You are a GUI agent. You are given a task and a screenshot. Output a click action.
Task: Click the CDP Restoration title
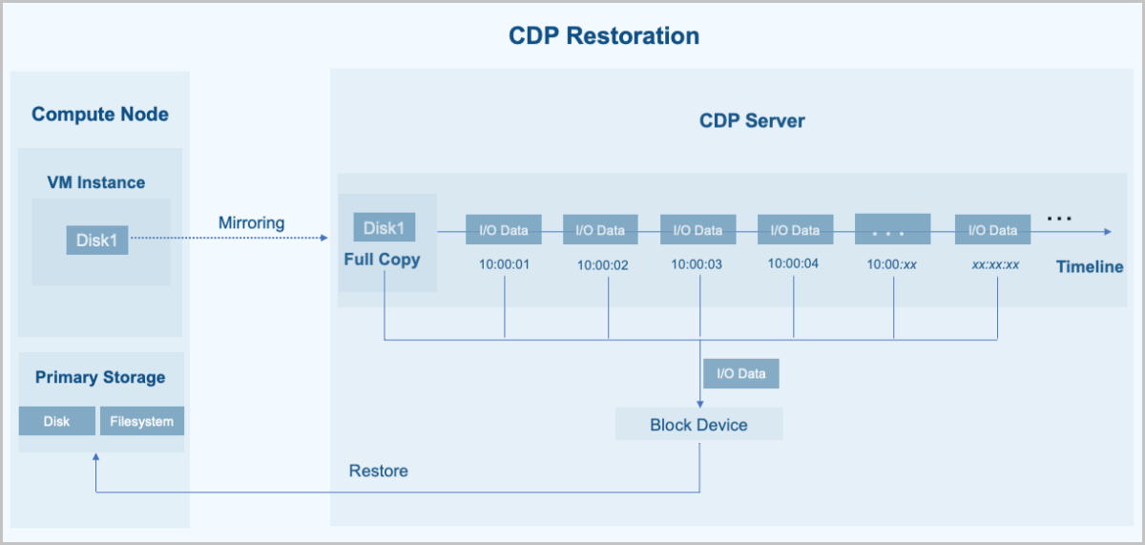[x=603, y=36]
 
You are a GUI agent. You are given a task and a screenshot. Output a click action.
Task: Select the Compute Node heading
[x=100, y=115]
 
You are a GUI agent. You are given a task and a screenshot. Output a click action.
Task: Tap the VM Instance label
[x=96, y=182]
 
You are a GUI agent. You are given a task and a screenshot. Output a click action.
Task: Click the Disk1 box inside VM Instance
[x=96, y=240]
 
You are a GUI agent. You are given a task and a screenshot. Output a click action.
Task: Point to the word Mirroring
[x=251, y=222]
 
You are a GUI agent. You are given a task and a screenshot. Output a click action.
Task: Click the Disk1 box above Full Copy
[x=384, y=228]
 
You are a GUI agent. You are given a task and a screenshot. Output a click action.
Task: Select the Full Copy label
[x=382, y=260]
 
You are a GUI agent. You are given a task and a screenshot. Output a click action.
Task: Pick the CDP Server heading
[x=752, y=121]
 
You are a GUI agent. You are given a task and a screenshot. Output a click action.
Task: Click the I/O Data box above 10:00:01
[x=504, y=230]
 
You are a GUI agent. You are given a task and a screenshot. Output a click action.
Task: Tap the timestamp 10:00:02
[x=602, y=265]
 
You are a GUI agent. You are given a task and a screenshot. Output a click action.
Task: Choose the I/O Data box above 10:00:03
[x=698, y=230]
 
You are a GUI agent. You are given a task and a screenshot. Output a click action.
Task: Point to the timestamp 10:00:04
[x=793, y=264]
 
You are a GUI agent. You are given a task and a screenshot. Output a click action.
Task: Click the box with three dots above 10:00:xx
[x=893, y=230]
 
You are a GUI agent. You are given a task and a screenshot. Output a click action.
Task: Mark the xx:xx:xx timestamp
[x=995, y=264]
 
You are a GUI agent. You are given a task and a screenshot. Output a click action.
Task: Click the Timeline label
[x=1090, y=267]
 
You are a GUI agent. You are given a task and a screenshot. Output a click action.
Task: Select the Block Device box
[x=698, y=425]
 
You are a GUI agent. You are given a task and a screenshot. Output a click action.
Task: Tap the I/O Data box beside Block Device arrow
[x=741, y=373]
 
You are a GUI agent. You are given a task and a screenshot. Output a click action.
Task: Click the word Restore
[x=378, y=471]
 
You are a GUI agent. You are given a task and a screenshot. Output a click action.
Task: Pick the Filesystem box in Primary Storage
[x=141, y=421]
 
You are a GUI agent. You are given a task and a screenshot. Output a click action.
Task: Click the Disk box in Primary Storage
[x=57, y=421]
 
